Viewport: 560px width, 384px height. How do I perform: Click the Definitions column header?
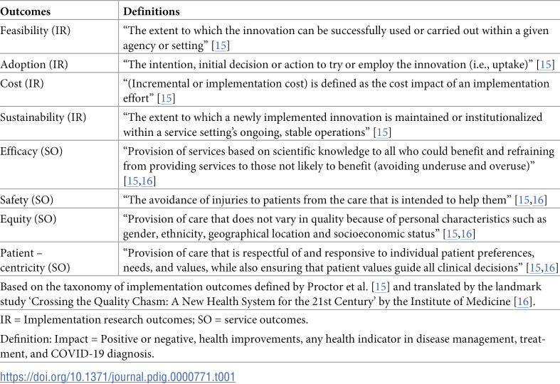(152, 12)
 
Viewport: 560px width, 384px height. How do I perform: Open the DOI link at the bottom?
(117, 376)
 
